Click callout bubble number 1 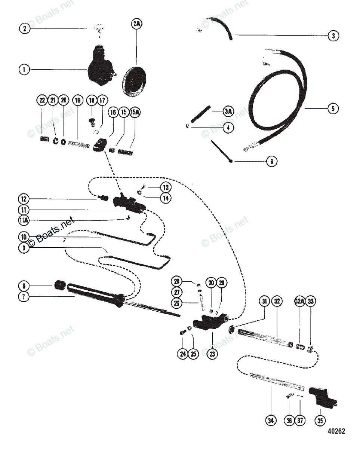point(24,69)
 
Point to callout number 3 point(333,36)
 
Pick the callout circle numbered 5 point(333,109)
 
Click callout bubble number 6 point(272,162)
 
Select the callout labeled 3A point(228,112)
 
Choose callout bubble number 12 point(24,198)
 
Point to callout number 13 point(165,187)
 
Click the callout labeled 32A point(300,301)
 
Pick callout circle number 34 point(271,421)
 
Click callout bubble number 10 point(24,237)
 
